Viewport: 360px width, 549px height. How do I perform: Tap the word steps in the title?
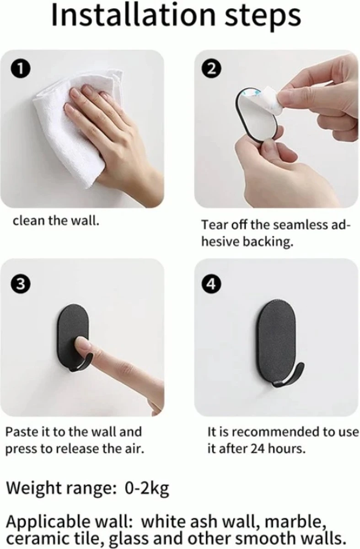point(263,18)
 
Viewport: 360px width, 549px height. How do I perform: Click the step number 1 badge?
point(20,70)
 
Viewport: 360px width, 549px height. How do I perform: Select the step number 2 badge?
point(211,69)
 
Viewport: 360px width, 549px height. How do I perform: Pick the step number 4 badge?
point(211,284)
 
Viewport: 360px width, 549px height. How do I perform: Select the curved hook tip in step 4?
point(299,373)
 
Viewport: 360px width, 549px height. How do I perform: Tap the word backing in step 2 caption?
point(268,242)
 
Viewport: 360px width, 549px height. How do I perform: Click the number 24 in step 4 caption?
point(258,449)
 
